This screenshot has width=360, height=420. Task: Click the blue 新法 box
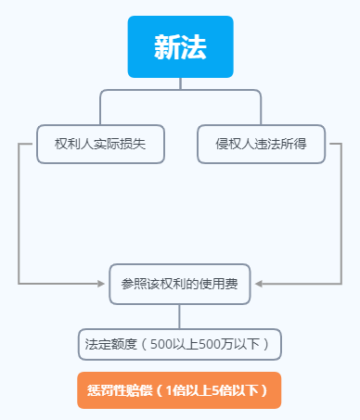click(180, 47)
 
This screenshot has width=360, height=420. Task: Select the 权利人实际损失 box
click(101, 144)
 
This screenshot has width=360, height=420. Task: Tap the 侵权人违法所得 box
click(262, 144)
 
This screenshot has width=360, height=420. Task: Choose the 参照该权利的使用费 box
click(179, 284)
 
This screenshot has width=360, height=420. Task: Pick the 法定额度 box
click(179, 344)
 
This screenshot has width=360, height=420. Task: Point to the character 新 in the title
click(167, 48)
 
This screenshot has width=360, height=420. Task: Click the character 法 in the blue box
click(193, 48)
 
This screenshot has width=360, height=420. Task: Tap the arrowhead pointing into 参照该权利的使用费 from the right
click(259, 284)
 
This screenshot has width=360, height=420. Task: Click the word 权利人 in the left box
click(72, 144)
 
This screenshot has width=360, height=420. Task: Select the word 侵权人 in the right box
click(234, 144)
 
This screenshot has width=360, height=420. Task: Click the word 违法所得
click(281, 144)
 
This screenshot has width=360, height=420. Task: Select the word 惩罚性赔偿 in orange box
click(118, 390)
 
